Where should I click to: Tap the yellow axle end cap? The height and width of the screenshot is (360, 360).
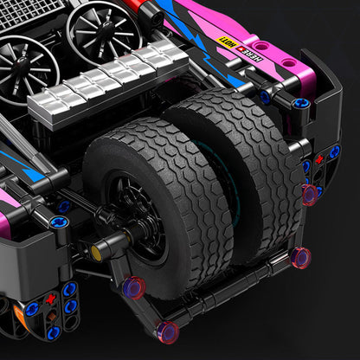[97, 252]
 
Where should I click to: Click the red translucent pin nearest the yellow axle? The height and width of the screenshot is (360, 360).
[132, 288]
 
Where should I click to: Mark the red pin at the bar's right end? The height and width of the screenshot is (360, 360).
[299, 257]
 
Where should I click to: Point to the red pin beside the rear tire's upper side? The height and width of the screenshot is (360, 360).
[309, 194]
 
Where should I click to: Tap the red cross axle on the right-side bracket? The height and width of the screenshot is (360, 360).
[318, 159]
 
